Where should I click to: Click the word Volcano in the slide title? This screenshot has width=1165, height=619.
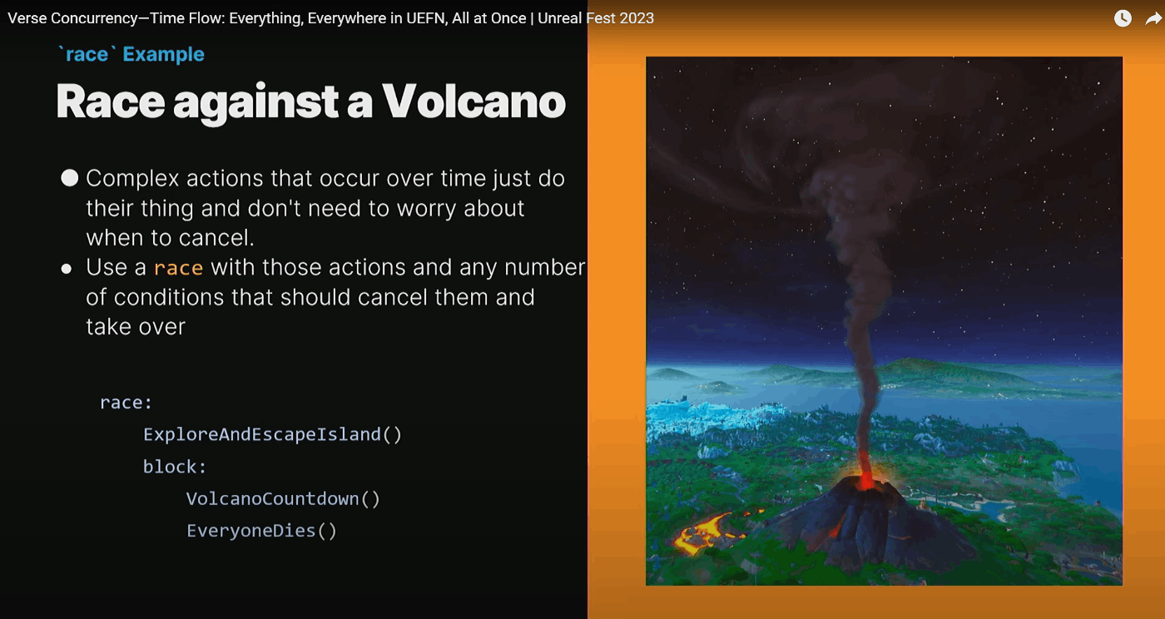[473, 102]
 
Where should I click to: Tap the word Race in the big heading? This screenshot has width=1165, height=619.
[111, 102]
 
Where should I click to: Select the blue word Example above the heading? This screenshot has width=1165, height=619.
[163, 54]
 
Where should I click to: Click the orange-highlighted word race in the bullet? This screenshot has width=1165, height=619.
[178, 268]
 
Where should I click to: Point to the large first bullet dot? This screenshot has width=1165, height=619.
[70, 178]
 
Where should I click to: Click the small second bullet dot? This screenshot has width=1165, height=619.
[66, 269]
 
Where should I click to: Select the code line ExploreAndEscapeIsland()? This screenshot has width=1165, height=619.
[273, 434]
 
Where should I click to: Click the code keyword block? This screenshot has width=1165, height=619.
[175, 467]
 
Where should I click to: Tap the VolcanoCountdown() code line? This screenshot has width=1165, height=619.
[284, 499]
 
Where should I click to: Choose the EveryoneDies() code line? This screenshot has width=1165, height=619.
[262, 531]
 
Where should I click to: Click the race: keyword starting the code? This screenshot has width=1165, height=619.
[126, 403]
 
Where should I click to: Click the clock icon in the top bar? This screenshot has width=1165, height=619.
[1123, 19]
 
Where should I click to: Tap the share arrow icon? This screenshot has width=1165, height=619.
[1153, 19]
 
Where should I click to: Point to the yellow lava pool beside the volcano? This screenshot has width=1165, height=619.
[701, 532]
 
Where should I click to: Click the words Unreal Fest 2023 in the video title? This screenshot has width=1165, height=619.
[596, 18]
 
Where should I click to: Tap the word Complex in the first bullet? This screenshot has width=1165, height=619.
[132, 179]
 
